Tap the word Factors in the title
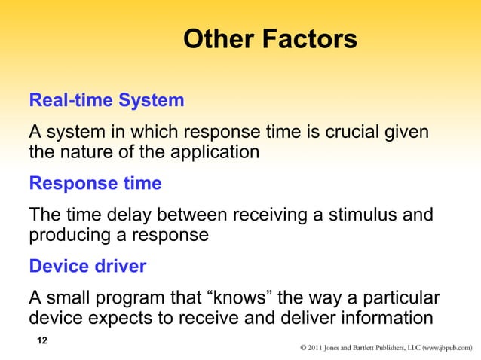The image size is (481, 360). point(309,39)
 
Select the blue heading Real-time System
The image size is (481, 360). point(106,100)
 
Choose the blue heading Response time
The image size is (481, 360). point(95,184)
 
